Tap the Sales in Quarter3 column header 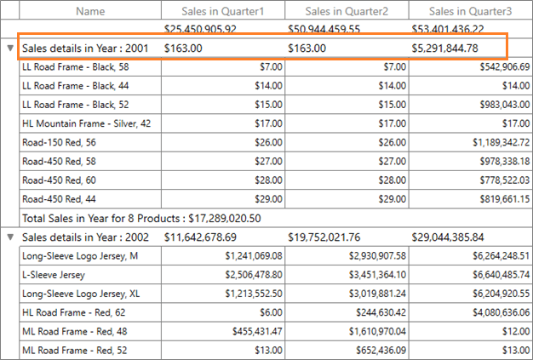point(470,11)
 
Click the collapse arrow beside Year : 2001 point(10,49)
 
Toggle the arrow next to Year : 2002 point(10,237)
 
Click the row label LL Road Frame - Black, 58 point(76,66)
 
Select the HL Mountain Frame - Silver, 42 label point(87,123)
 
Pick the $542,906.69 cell point(505,66)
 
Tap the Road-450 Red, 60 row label point(60,180)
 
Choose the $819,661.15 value point(505,199)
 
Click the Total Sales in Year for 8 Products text point(140,218)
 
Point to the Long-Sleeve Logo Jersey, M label point(80,255)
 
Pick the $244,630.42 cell point(378,312)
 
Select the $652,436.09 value point(378,350)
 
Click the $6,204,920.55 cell point(500,294)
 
